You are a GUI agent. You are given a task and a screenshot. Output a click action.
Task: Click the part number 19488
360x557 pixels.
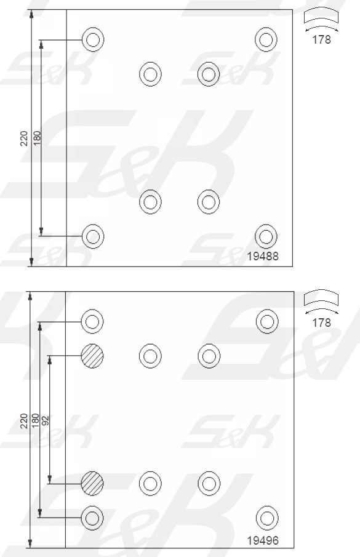pyautogui.click(x=263, y=256)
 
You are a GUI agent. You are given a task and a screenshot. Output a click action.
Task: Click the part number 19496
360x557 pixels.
pyautogui.click(x=263, y=540)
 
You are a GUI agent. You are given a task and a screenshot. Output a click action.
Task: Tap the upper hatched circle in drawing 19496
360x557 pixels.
pyautogui.click(x=92, y=356)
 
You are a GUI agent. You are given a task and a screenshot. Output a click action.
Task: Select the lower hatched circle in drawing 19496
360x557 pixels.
pyautogui.click(x=92, y=484)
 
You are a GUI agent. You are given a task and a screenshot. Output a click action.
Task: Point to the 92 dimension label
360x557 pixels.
pyautogui.click(x=45, y=420)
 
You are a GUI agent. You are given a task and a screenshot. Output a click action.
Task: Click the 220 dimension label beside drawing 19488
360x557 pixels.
pyautogui.click(x=24, y=138)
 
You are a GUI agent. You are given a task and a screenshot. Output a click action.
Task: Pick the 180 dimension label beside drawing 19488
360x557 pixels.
pyautogui.click(x=37, y=138)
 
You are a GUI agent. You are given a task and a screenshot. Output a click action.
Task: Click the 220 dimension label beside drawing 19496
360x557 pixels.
pyautogui.click(x=24, y=421)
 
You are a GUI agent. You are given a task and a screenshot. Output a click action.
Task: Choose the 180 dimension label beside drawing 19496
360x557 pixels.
pyautogui.click(x=35, y=420)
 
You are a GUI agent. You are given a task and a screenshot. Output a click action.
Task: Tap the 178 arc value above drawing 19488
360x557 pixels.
pyautogui.click(x=321, y=39)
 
